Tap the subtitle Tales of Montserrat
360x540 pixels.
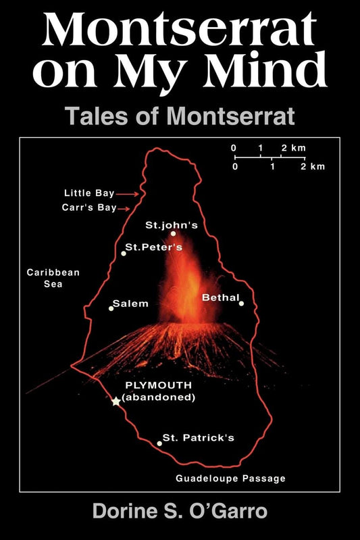point(180,116)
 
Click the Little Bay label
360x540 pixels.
point(89,193)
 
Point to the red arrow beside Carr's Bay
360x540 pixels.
point(123,209)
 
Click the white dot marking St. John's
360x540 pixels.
point(173,234)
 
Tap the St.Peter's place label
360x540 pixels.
point(154,247)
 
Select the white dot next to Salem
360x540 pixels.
point(111,308)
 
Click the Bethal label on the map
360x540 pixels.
point(220,297)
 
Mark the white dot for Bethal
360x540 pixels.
point(241,303)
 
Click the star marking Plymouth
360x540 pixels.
point(116,401)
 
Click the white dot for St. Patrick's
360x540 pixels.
point(159,443)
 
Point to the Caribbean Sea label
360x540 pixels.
point(53,278)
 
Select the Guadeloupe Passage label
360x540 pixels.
point(231,478)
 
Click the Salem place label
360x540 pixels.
point(130,303)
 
